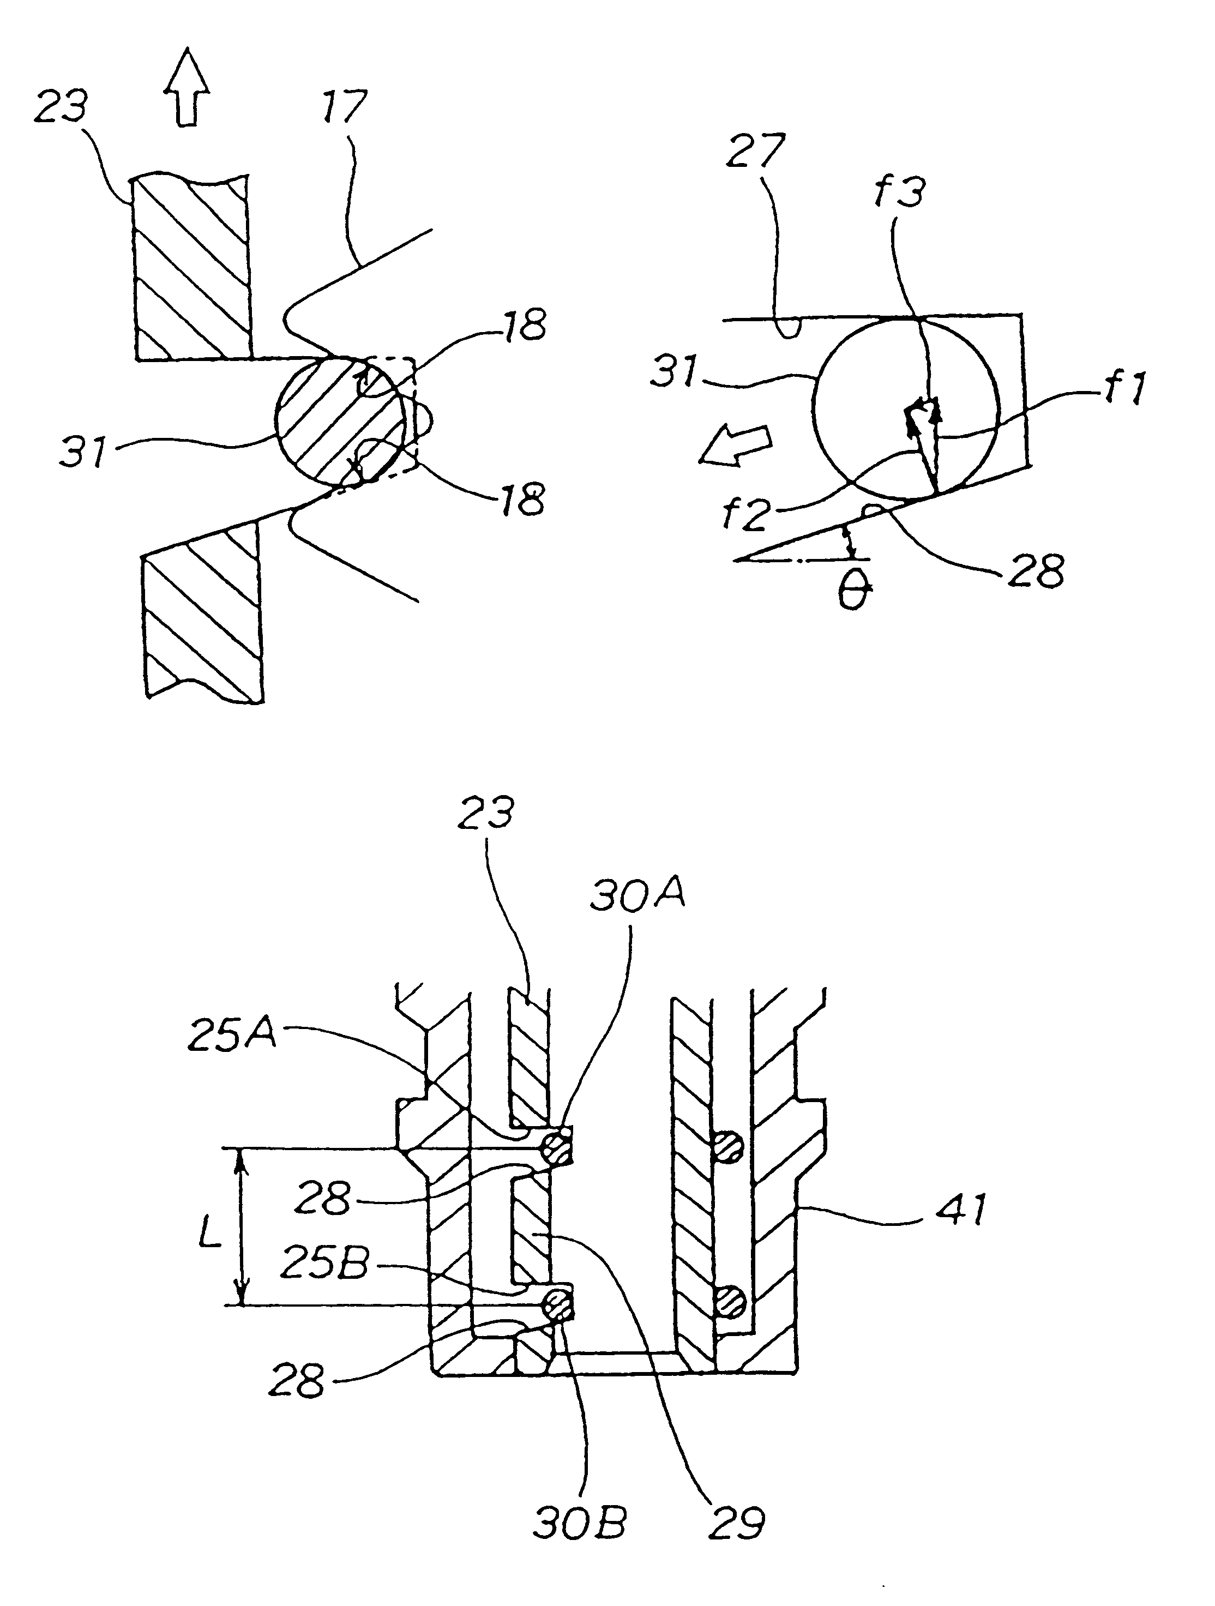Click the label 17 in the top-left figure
[x=344, y=107]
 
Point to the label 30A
[x=637, y=898]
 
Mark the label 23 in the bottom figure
[x=486, y=813]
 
